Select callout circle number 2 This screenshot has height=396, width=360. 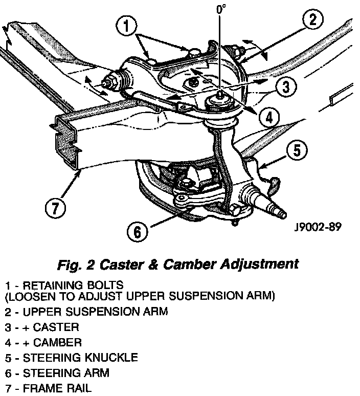click(312, 20)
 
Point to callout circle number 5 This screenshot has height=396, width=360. click(297, 150)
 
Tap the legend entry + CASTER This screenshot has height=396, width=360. click(52, 326)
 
